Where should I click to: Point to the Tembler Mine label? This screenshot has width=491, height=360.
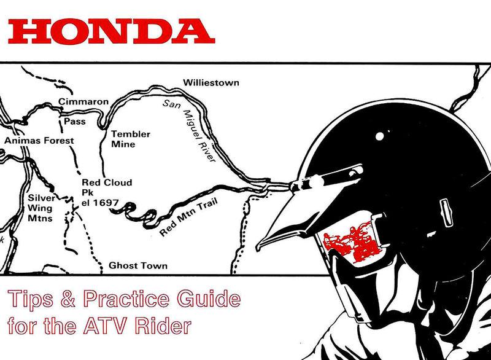pos(130,139)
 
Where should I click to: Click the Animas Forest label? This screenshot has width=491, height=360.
pos(39,141)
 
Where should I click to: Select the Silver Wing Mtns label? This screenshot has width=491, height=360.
pos(42,208)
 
